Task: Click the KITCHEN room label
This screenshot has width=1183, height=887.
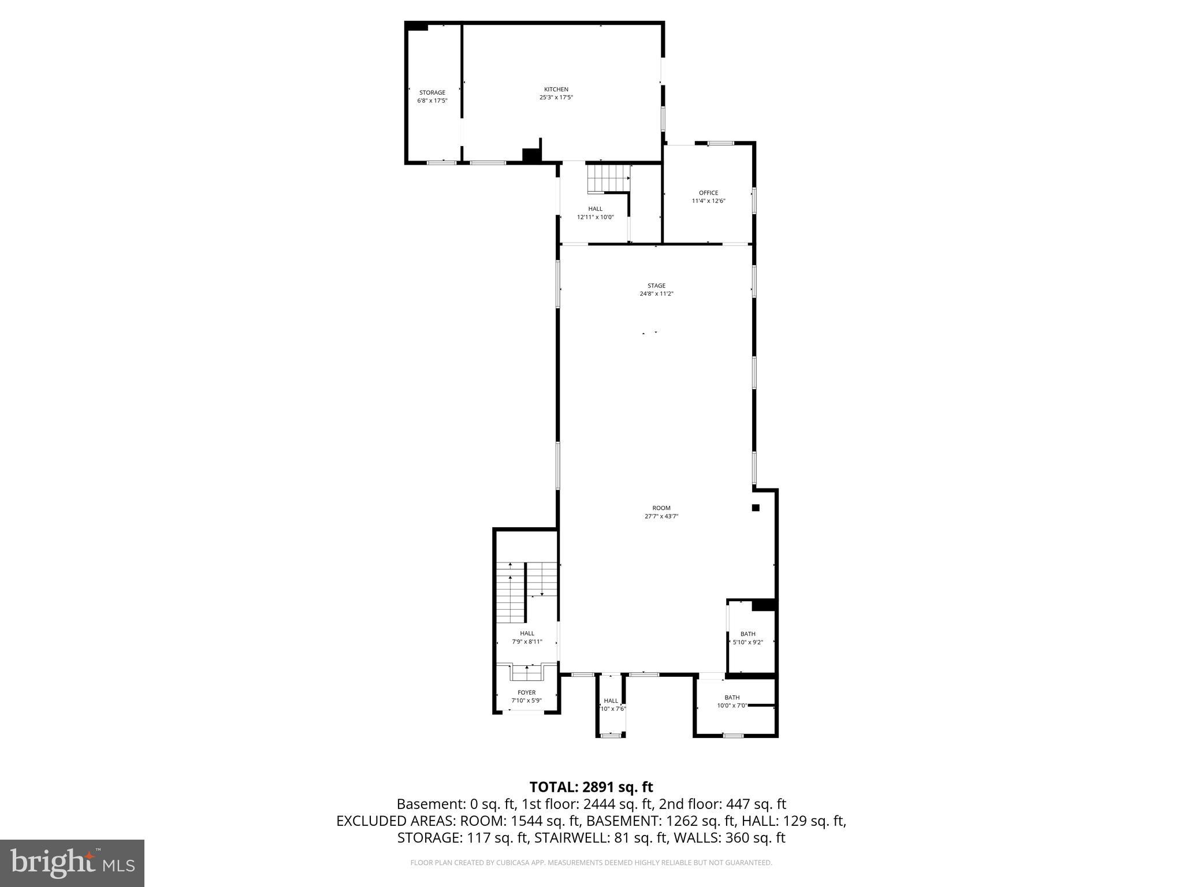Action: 556,90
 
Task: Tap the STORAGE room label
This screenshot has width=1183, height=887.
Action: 432,92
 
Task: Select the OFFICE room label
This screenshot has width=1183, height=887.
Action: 708,193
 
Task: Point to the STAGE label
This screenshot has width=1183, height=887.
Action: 656,286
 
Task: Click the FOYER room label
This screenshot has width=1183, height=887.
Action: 526,692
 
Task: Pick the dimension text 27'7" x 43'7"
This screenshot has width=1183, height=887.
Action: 661,517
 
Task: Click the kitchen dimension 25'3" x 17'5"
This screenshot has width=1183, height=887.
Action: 556,98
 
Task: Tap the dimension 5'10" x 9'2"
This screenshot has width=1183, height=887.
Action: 747,642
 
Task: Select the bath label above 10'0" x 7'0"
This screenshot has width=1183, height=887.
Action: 732,698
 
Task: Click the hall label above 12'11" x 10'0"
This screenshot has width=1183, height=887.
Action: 595,209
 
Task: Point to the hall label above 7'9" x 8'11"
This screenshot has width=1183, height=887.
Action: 527,633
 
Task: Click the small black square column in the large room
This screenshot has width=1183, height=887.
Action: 755,508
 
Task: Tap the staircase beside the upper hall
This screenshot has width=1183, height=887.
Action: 608,178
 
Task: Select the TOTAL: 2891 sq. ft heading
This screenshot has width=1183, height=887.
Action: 591,787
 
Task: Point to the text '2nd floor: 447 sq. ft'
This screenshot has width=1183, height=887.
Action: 722,804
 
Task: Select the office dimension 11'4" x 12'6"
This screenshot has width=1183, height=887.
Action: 708,201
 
